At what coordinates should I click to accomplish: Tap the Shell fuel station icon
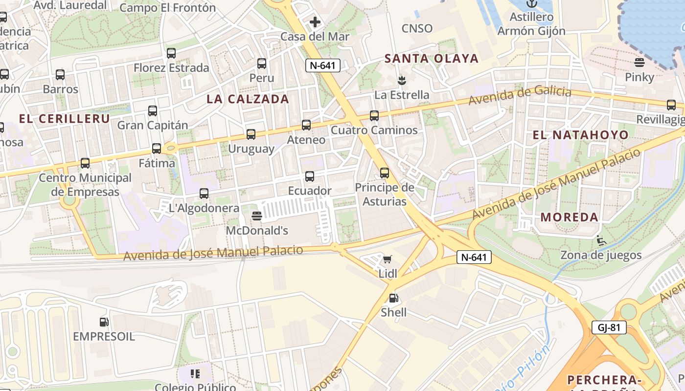coord(393,298)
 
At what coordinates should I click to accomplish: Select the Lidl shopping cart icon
coord(388,259)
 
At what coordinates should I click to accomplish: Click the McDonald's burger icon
coord(257,216)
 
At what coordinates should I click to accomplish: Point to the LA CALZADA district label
coord(248,99)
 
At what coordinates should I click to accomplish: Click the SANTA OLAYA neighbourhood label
coord(431,59)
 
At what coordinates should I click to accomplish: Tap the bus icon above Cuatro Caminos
coord(374,116)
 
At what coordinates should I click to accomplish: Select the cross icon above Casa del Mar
coord(315,22)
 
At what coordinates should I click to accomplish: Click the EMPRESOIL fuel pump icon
coord(104,322)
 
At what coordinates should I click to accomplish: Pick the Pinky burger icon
coord(639,62)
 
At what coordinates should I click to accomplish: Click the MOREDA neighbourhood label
coord(570,217)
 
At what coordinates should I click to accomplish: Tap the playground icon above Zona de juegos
coord(601,240)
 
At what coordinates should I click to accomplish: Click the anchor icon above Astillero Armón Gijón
coord(531,4)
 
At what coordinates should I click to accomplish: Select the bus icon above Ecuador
coord(309,176)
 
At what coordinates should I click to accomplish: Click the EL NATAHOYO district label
coord(580,135)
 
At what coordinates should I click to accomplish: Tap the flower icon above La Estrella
coord(402,80)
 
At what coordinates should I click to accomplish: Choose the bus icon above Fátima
coord(157,148)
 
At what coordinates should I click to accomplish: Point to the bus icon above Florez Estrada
coord(171,53)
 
